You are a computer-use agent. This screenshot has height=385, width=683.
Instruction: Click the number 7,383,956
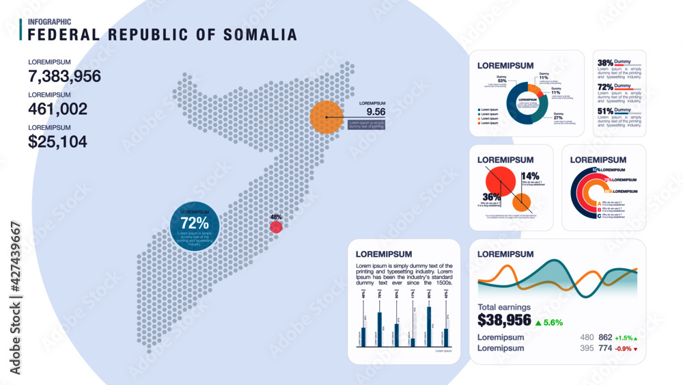(64, 76)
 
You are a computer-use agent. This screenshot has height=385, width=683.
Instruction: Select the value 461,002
(57, 109)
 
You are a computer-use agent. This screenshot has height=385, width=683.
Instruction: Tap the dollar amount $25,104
(57, 142)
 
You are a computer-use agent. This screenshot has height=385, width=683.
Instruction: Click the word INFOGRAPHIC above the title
(49, 22)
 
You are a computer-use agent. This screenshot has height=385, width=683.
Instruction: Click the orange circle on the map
(326, 116)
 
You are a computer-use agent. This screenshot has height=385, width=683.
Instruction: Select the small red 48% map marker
(276, 227)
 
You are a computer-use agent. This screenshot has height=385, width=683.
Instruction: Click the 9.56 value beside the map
(376, 111)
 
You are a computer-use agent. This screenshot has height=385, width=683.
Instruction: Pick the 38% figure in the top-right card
(604, 62)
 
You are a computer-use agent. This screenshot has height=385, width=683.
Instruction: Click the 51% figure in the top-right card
(604, 111)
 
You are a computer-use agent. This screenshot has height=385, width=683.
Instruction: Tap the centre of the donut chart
(527, 103)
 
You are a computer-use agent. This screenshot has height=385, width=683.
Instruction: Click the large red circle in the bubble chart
(499, 182)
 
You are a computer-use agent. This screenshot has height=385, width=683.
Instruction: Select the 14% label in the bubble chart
(530, 176)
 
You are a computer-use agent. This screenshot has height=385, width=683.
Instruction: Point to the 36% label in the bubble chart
(492, 197)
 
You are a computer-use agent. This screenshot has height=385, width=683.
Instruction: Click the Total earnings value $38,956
(504, 320)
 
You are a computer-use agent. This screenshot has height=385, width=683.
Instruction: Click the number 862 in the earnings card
(605, 337)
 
